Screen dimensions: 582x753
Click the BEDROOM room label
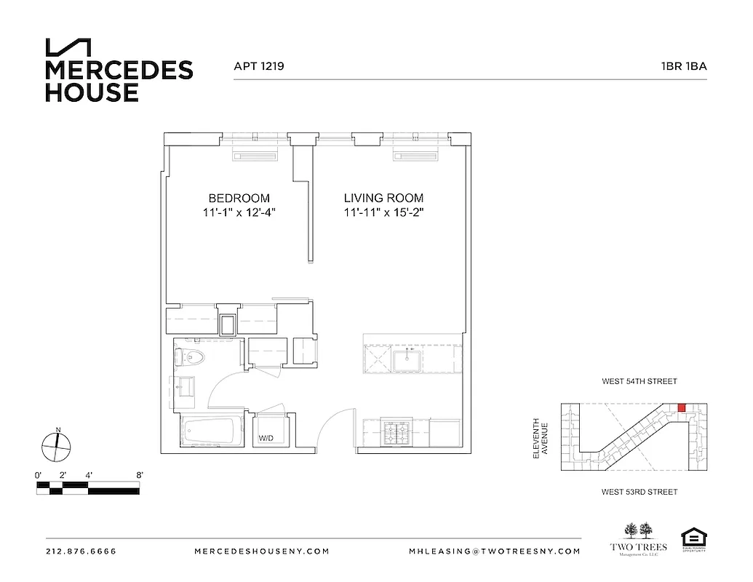click(x=239, y=198)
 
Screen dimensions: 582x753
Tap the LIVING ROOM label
click(x=383, y=198)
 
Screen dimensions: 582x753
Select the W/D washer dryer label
click(x=266, y=439)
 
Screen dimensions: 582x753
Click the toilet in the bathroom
click(x=191, y=357)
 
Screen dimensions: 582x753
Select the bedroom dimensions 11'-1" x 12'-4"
click(x=239, y=213)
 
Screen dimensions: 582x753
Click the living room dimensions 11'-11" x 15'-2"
click(x=383, y=213)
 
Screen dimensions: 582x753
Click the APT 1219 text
click(x=258, y=65)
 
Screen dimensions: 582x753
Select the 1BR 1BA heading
click(x=683, y=65)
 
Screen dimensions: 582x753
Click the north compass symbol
click(x=57, y=445)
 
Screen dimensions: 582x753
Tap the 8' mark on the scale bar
click(x=139, y=475)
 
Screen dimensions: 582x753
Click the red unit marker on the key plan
click(x=682, y=408)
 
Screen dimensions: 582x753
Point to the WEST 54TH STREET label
click(x=639, y=381)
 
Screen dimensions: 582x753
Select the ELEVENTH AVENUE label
click(x=539, y=438)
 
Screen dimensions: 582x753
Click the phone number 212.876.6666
click(x=81, y=551)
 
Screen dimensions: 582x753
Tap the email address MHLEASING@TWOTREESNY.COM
click(x=494, y=551)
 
